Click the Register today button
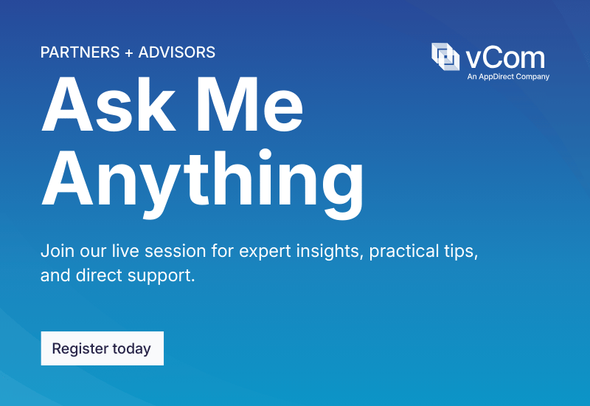[x=102, y=348]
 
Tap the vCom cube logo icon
[x=445, y=56]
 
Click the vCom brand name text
[x=506, y=57]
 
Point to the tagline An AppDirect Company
[x=508, y=76]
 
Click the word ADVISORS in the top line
[x=177, y=52]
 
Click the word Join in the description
[x=56, y=250]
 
